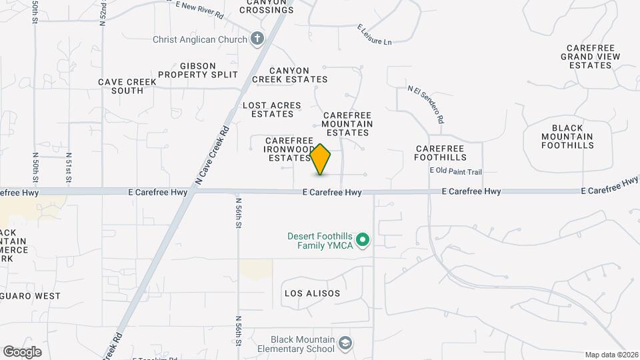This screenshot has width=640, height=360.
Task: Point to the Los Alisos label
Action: (312, 293)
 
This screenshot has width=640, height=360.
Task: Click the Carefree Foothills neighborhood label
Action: (440, 153)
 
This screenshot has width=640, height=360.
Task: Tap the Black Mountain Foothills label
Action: (567, 137)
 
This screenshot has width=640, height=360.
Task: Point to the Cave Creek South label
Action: (127, 86)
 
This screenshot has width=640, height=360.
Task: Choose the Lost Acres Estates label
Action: (272, 110)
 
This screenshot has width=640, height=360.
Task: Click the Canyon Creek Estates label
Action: (290, 75)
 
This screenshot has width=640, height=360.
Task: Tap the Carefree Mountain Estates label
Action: (347, 119)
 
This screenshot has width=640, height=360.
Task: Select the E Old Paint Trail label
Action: (455, 172)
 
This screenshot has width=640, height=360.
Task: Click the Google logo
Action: (21, 352)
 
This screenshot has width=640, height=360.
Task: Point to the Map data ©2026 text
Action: (611, 355)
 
